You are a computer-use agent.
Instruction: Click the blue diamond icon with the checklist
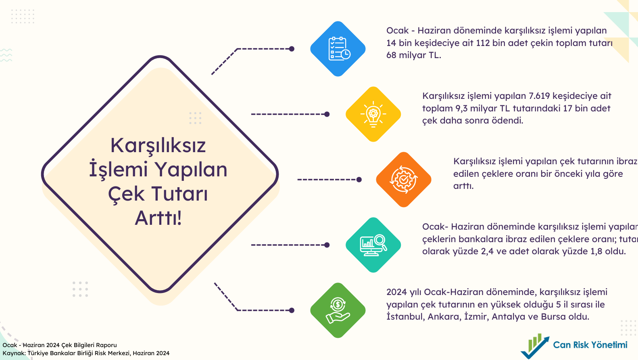pos(338,49)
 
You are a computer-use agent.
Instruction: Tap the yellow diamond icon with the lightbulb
pos(373,114)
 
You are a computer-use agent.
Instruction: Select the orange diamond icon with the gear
pos(404,180)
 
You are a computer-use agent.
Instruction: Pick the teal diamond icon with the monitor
pos(373,245)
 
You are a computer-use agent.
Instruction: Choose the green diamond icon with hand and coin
pos(338,310)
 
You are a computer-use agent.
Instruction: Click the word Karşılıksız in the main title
pos(158,146)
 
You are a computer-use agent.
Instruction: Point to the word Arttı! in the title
pos(158,218)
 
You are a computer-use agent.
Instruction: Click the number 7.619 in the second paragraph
pos(539,96)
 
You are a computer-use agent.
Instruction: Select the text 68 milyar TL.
pos(413,55)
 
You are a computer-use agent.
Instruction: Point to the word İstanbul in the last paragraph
pos(405,317)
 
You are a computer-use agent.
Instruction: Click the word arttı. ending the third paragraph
pos(463,186)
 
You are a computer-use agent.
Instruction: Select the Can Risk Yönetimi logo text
pos(590,345)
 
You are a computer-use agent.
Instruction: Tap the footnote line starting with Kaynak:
pos(86,353)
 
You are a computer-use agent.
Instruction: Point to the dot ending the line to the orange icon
pos(359,180)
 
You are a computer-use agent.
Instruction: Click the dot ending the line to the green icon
pos(292,310)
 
